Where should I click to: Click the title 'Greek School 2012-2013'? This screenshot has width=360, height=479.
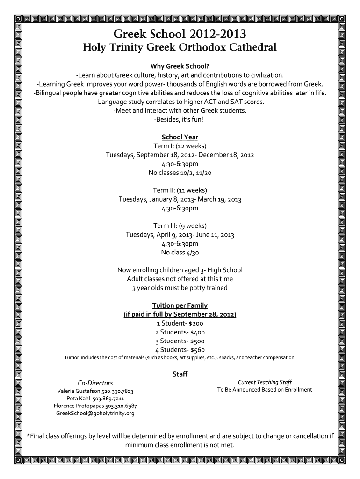point(180,34)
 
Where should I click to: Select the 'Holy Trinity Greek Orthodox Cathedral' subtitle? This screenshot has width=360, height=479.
point(180,48)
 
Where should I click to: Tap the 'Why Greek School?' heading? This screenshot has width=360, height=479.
point(180,65)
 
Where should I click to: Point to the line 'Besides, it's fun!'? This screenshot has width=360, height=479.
point(180,119)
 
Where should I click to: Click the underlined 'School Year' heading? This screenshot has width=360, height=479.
point(180,137)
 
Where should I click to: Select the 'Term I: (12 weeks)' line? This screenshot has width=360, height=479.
point(180,146)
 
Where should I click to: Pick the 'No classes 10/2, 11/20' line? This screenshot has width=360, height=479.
point(180,173)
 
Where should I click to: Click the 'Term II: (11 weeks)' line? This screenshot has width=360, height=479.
point(180,190)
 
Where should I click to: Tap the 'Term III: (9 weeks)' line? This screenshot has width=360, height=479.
point(180,226)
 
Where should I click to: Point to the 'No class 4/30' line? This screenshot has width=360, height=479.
point(180,253)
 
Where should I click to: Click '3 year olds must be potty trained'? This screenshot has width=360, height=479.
point(180,288)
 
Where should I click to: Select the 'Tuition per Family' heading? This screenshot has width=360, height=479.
point(180,306)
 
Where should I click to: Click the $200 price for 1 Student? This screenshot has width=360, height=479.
point(196,323)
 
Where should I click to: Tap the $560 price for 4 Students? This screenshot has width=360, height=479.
point(197,350)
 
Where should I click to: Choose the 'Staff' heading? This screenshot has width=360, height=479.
point(180,374)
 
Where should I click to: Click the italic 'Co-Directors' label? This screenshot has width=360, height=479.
point(95,383)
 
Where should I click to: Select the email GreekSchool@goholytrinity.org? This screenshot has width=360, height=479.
point(95,414)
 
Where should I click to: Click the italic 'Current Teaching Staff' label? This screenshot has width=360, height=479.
point(265,382)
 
